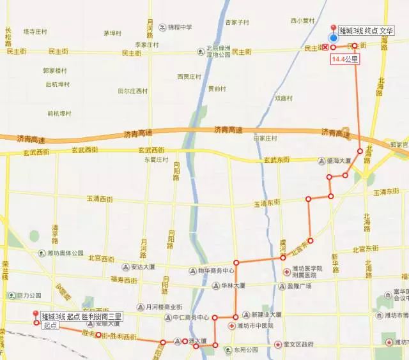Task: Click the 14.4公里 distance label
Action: (x=344, y=59)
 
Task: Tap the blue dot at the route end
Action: (x=333, y=38)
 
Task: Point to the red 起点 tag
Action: (x=50, y=325)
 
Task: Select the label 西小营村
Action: (x=302, y=20)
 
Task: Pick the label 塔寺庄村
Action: (x=36, y=31)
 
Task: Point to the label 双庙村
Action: (x=283, y=98)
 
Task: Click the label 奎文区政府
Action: (x=298, y=345)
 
